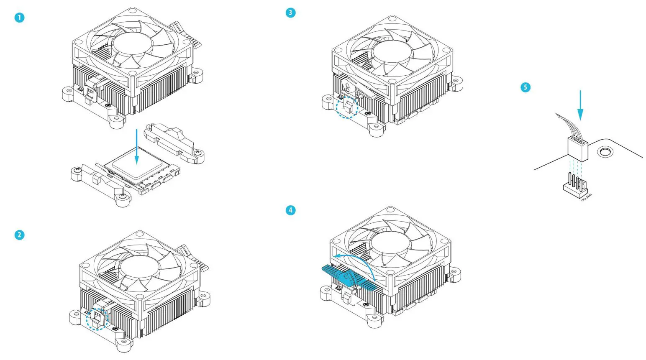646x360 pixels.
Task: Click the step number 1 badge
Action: point(19,18)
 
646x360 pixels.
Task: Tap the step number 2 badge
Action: point(19,235)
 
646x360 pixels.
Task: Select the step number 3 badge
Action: point(290,13)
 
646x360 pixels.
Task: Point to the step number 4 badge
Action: point(290,210)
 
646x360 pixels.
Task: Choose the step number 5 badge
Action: point(525,87)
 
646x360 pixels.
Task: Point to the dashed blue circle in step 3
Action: point(348,107)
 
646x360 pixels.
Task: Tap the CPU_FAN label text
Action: point(587,196)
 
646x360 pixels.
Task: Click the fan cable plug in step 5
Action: point(578,148)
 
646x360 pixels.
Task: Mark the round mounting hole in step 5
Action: point(604,151)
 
